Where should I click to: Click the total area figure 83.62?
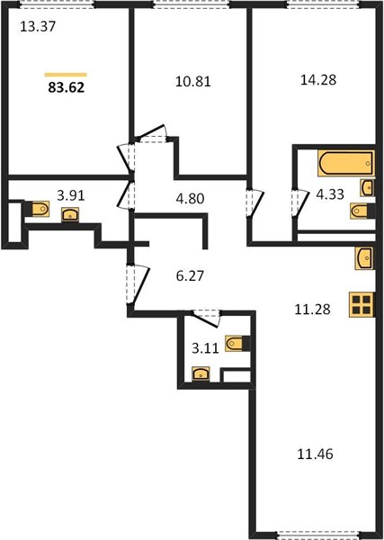point(66,88)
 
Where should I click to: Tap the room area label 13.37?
point(38,26)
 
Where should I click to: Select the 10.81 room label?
point(193,82)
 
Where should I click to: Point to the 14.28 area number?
point(318,80)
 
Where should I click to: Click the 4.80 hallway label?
point(190,199)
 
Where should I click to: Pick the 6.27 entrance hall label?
point(190,276)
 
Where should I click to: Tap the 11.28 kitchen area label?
point(312,310)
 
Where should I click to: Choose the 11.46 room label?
point(315,454)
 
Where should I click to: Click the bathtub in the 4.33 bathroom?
point(346,164)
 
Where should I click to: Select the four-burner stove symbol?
point(362,304)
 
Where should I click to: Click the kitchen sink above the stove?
point(364,258)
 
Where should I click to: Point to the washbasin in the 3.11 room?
point(201,374)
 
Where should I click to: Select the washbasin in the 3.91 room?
point(70,215)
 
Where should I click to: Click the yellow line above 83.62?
point(66,75)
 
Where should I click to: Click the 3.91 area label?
point(71,196)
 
